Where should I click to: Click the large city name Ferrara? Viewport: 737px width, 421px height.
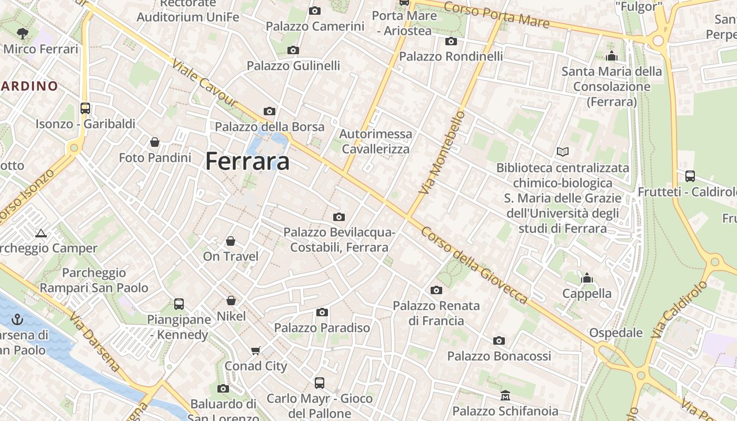247,161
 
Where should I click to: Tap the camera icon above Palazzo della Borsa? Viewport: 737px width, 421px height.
269,111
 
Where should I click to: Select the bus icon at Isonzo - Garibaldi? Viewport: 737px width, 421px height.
85,108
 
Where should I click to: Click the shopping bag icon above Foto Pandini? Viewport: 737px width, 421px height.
155,142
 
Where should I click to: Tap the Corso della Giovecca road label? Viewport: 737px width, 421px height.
474,265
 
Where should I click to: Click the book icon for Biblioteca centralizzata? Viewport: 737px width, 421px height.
563,152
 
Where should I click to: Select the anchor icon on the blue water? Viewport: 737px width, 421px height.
18,319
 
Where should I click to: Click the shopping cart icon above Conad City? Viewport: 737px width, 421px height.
256,350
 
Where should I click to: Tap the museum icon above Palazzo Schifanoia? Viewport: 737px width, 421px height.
505,395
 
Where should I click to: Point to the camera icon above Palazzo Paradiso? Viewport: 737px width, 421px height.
322,312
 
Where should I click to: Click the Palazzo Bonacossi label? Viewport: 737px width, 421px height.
499,356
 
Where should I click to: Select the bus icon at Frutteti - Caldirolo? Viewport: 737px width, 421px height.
690,176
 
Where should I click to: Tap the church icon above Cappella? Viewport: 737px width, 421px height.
587,278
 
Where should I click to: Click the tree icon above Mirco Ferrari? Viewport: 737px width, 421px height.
23,34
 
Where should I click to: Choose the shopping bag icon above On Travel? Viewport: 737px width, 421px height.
231,241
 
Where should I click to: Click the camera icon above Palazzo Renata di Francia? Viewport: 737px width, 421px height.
436,290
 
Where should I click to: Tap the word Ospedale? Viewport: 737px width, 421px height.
615,333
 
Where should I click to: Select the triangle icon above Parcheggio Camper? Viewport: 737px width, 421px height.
41,233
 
